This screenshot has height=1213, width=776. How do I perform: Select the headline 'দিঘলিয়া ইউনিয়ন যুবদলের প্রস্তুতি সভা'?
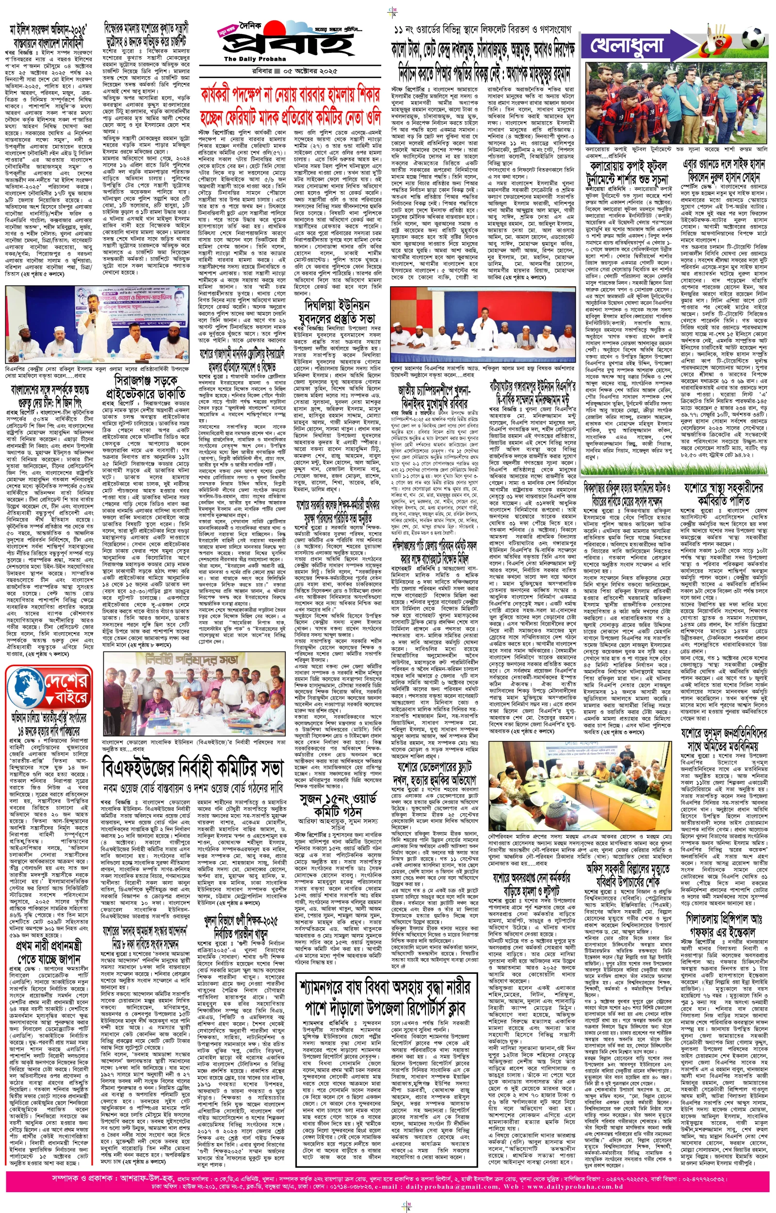(x=337, y=311)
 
